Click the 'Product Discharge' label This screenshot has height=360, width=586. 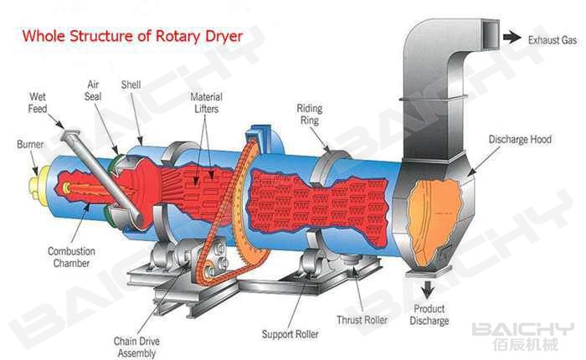(429, 315)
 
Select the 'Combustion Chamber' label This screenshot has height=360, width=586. (72, 257)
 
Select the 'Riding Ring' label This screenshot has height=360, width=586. (310, 114)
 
